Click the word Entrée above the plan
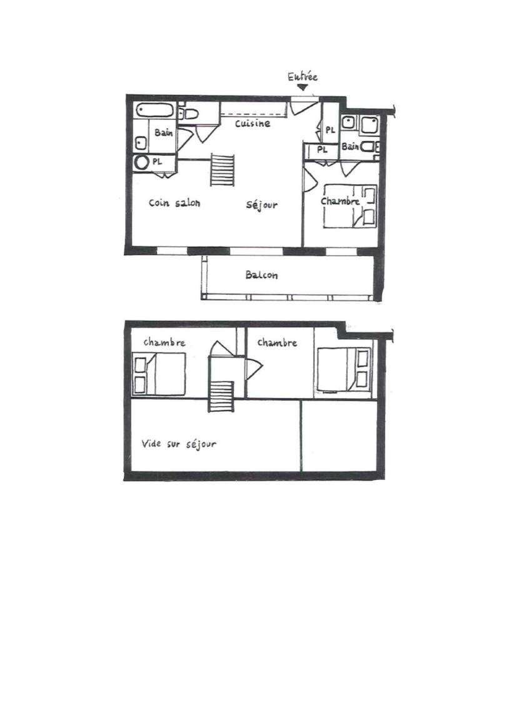coord(303,77)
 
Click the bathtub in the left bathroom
coord(155,111)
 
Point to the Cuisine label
coord(253,124)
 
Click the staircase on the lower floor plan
coord(223,169)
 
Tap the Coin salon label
coord(174,202)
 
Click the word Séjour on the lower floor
coord(262,205)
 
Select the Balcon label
coord(261,275)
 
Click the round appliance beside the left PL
coord(142,162)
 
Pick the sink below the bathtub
coord(141,143)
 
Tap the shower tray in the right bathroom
coord(370,124)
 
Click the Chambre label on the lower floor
coord(340,202)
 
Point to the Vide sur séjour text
coord(179,444)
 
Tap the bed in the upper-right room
coord(344,369)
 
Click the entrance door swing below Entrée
coord(303,106)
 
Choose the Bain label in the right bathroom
coord(350,146)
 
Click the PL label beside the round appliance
coord(158,162)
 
